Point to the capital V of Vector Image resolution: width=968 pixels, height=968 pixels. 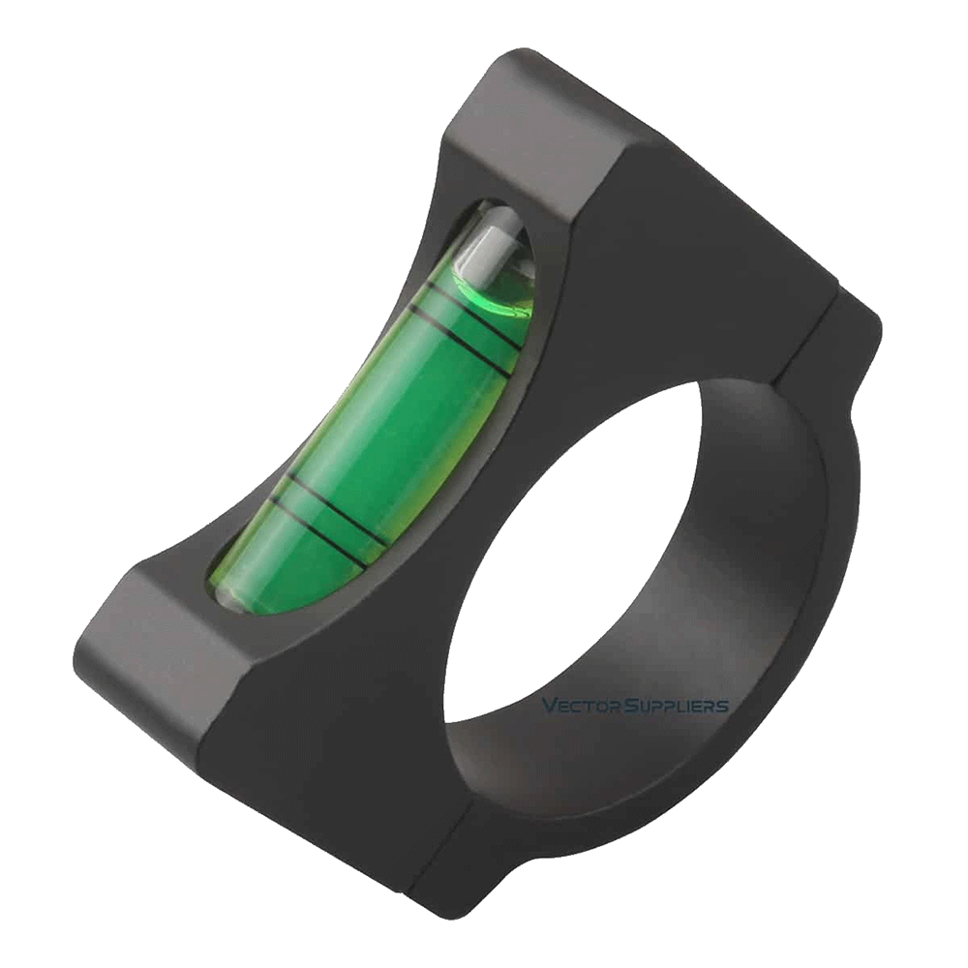[548, 706]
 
